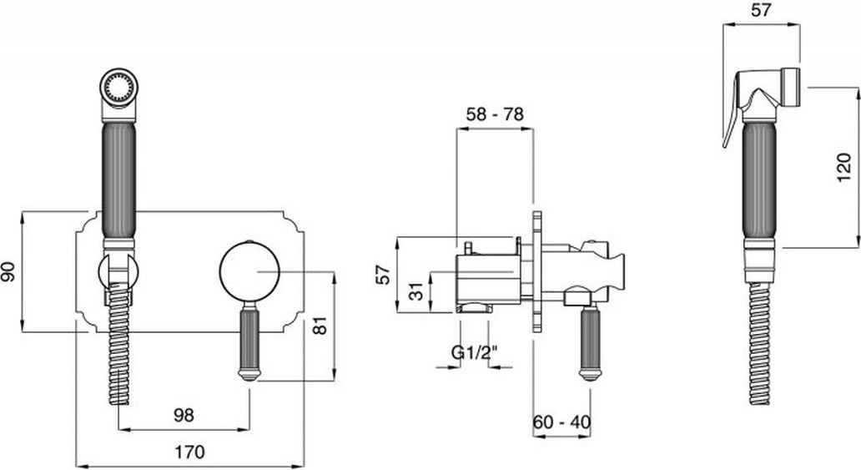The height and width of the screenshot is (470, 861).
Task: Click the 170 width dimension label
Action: pos(189,452)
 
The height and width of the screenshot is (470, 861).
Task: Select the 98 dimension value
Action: pos(184,415)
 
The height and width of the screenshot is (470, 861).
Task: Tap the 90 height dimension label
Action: pos(9,271)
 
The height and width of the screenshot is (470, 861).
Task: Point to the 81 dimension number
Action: pos(320,326)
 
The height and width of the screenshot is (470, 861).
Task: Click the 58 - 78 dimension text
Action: pos(495,114)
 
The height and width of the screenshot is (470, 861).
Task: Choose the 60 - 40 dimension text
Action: pos(561,422)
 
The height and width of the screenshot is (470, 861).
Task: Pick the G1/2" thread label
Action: pos(475,351)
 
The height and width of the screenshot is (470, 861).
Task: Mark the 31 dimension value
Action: pos(418,291)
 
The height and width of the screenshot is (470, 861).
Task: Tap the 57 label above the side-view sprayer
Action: pos(761,10)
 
